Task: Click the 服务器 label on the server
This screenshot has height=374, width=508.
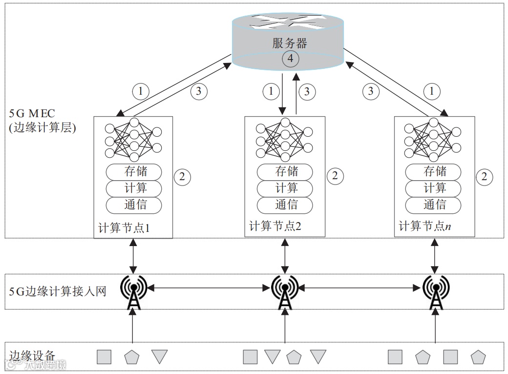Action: point(290,43)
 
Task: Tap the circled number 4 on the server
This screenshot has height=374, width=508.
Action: point(290,59)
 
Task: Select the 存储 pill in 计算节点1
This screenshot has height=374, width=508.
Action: point(135,172)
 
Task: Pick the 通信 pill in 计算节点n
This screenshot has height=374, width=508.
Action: point(435,204)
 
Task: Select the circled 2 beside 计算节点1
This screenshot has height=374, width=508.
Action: point(182,177)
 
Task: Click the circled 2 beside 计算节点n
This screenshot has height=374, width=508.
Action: point(484,177)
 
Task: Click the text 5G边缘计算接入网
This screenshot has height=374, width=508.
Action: point(58,291)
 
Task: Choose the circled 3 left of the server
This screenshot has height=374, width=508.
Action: point(198,90)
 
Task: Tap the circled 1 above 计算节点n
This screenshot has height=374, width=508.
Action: point(431,91)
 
